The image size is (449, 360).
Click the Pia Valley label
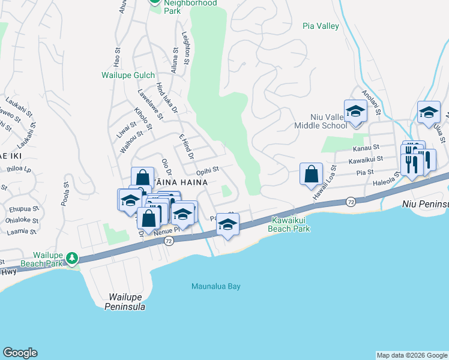(x=321, y=26)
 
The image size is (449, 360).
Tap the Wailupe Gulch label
(x=127, y=75)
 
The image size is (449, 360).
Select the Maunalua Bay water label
(x=215, y=286)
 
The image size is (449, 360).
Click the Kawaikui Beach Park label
(x=291, y=224)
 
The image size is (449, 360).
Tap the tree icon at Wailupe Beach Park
(x=72, y=258)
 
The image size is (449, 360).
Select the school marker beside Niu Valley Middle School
(x=355, y=112)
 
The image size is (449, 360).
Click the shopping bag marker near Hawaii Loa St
(x=312, y=175)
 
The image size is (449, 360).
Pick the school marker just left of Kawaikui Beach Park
(x=228, y=225)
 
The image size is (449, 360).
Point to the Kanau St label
(x=366, y=147)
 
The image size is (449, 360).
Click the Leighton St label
(x=185, y=49)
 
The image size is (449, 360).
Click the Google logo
(x=20, y=353)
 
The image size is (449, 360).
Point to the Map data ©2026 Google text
(x=411, y=355)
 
